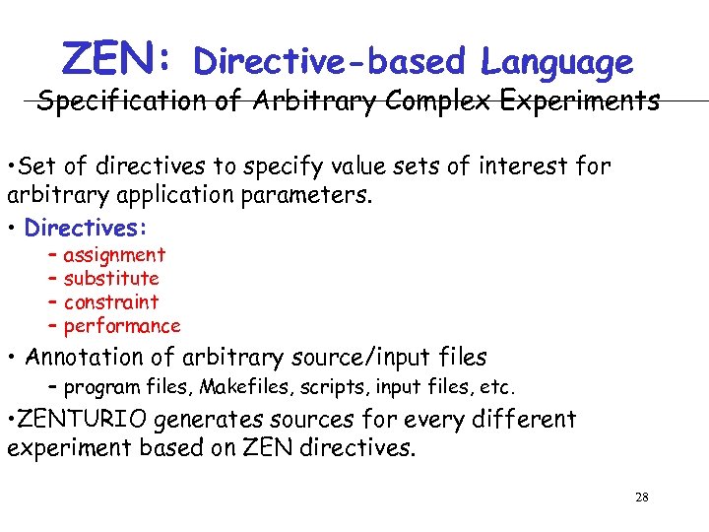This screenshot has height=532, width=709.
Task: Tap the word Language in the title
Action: [556, 62]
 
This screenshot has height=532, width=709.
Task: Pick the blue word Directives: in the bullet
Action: [86, 228]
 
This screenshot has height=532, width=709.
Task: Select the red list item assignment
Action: [114, 255]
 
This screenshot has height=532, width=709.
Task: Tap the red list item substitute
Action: [110, 279]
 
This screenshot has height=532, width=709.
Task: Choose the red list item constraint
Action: [110, 302]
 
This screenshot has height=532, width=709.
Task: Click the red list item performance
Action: [122, 326]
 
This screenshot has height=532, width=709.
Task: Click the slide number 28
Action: [642, 498]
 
